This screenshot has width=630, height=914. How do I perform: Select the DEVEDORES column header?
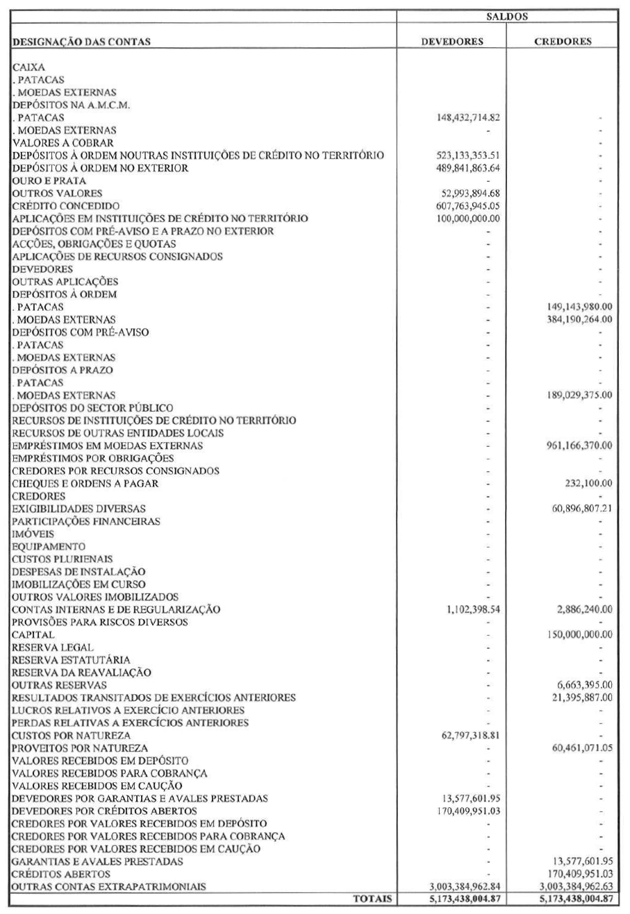pos(453,41)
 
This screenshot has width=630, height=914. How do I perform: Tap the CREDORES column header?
pos(563,41)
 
